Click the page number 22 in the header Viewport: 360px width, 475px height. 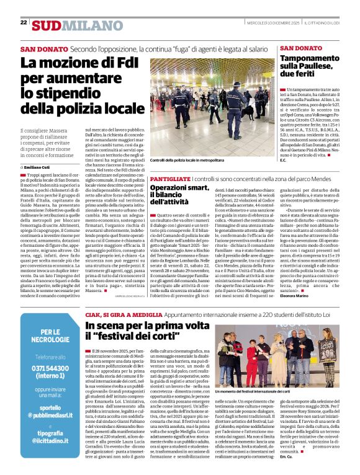(x=24, y=22)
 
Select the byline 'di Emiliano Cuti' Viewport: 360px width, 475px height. (x=37, y=167)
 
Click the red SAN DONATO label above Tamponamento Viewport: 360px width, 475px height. (x=300, y=48)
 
